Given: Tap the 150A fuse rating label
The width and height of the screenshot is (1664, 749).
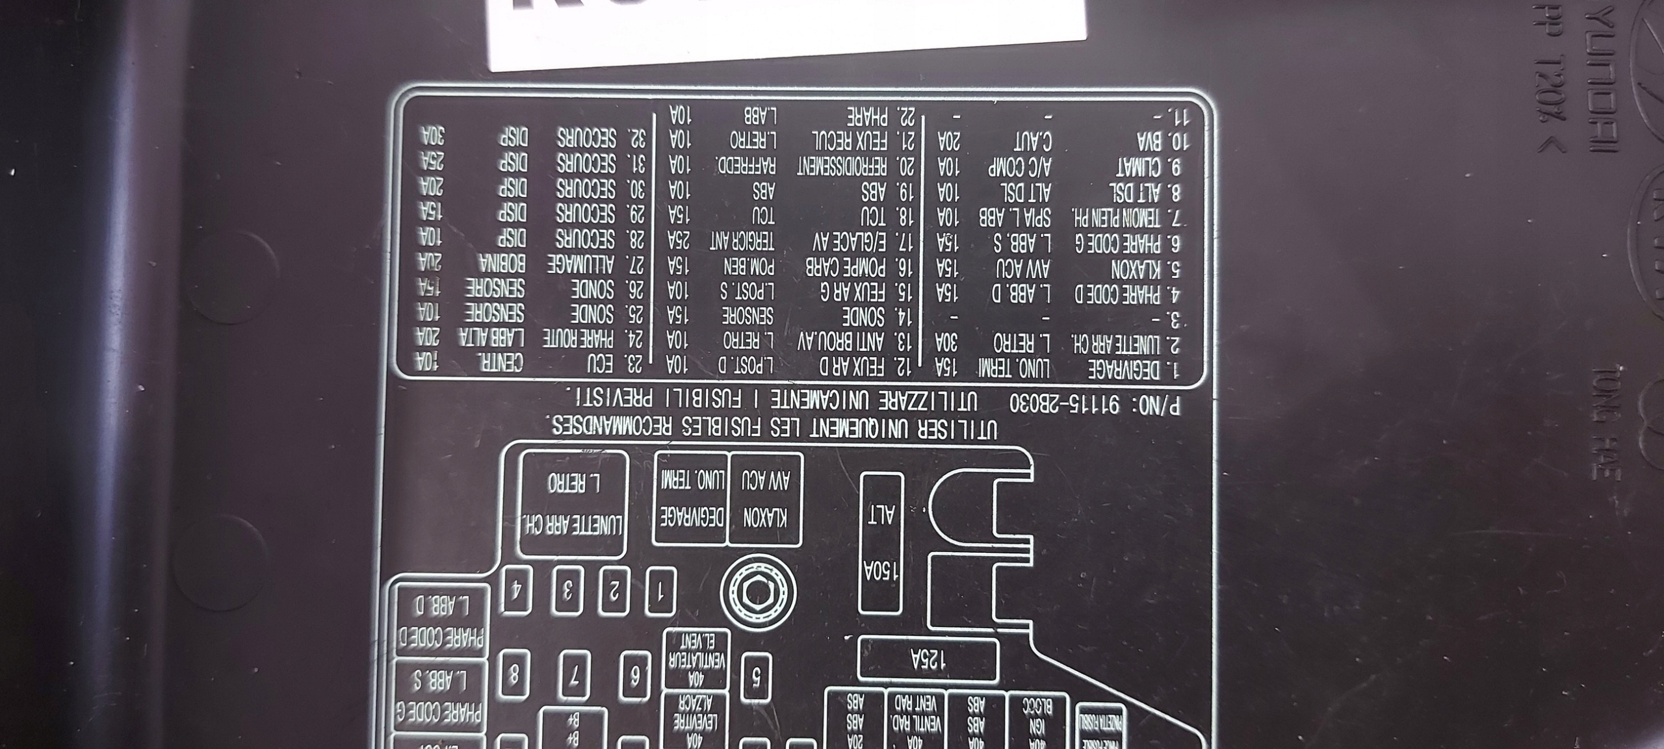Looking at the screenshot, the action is pyautogui.click(x=881, y=572).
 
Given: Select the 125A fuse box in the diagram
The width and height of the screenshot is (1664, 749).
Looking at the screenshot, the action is pyautogui.click(x=928, y=659).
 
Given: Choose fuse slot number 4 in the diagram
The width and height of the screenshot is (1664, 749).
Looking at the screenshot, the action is pyautogui.click(x=518, y=590).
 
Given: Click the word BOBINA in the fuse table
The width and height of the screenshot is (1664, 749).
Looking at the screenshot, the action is pyautogui.click(x=503, y=264).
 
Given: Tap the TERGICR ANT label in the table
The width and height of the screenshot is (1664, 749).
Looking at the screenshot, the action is pyautogui.click(x=742, y=241).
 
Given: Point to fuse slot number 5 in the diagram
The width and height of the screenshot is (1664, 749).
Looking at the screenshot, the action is pyautogui.click(x=757, y=679).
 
